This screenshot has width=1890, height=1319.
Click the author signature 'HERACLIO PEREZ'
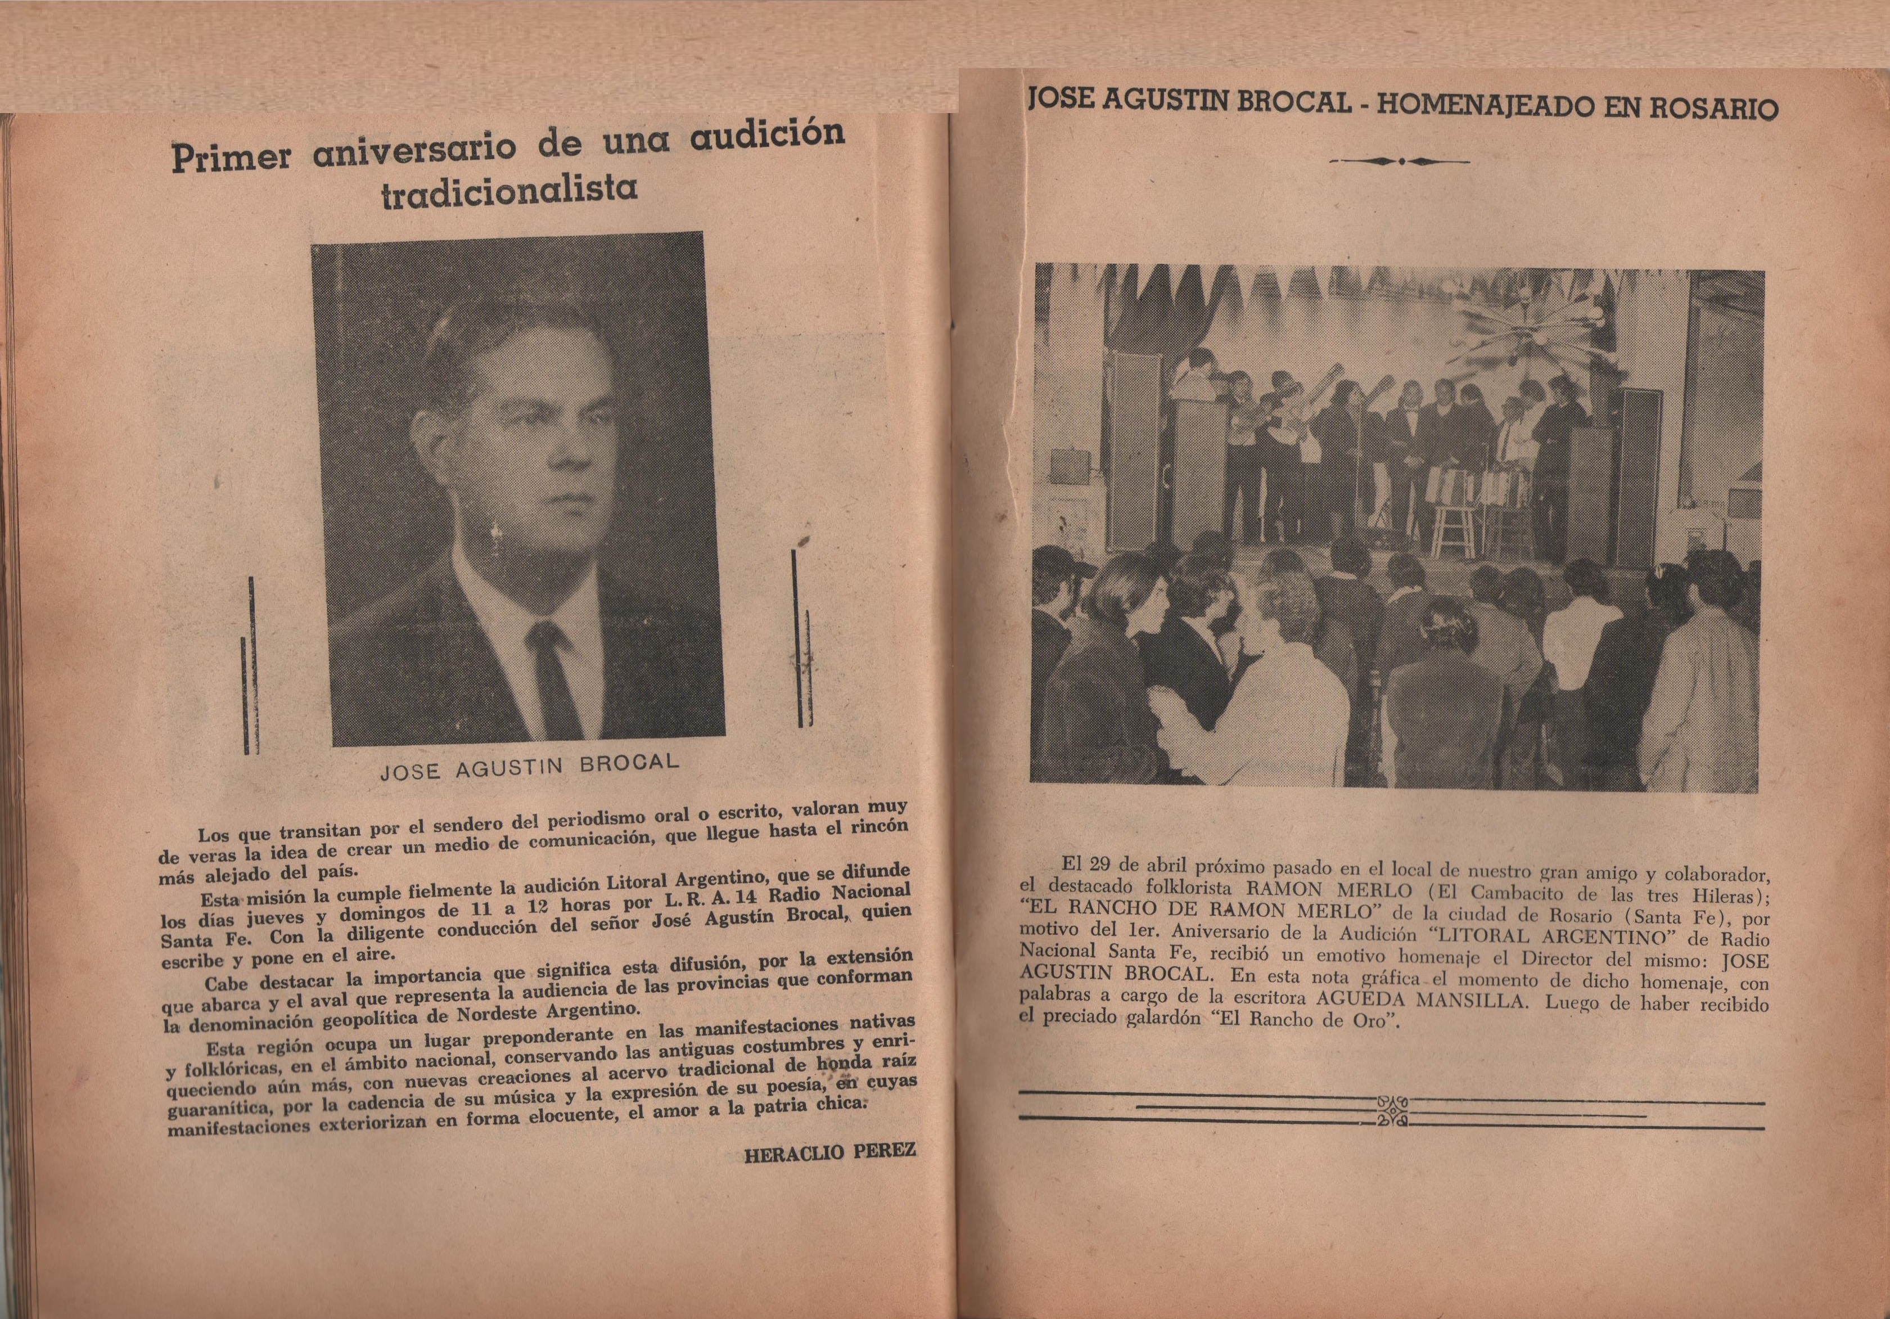coord(829,1151)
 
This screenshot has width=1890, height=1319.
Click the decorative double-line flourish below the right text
coord(1391,1111)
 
